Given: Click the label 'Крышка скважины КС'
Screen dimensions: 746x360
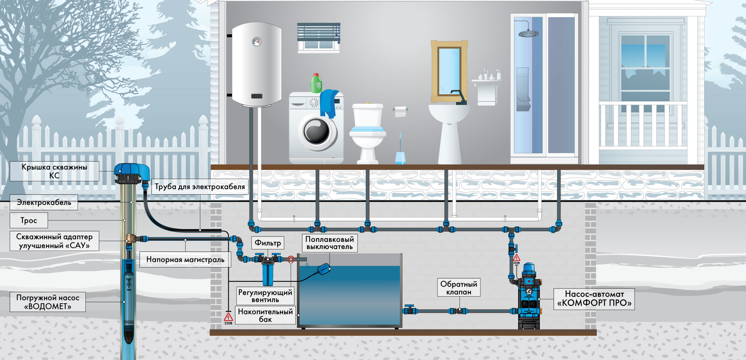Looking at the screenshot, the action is tap(54, 171).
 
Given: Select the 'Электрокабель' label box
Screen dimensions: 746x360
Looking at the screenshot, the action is tap(44, 202).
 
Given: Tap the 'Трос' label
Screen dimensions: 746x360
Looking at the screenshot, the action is tap(29, 220).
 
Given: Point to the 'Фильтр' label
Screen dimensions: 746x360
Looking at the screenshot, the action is tap(268, 243).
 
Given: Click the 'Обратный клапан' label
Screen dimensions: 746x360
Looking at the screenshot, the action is tap(459, 288).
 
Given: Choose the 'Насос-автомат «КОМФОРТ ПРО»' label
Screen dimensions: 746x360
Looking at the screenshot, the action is tap(594, 299).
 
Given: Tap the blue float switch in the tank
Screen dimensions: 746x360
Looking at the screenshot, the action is tap(324, 268).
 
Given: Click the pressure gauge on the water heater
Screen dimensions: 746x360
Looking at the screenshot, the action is tap(257, 41).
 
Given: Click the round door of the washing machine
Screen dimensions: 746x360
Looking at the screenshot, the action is tap(317, 131).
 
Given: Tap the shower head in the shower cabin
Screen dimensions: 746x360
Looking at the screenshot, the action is tap(529, 34).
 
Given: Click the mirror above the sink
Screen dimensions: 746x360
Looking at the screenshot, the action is tap(449, 71).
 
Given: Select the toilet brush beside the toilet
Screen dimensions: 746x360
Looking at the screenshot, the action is tap(400, 149).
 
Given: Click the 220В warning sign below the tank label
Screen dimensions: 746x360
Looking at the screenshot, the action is tap(228, 318).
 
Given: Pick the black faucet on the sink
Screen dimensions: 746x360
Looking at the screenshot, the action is tap(459, 97).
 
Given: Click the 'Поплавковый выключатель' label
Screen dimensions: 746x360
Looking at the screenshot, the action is tap(330, 243).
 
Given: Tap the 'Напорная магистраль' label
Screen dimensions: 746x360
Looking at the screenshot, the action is tap(185, 260).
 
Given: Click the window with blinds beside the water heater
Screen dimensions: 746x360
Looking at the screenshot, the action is tap(319, 37).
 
